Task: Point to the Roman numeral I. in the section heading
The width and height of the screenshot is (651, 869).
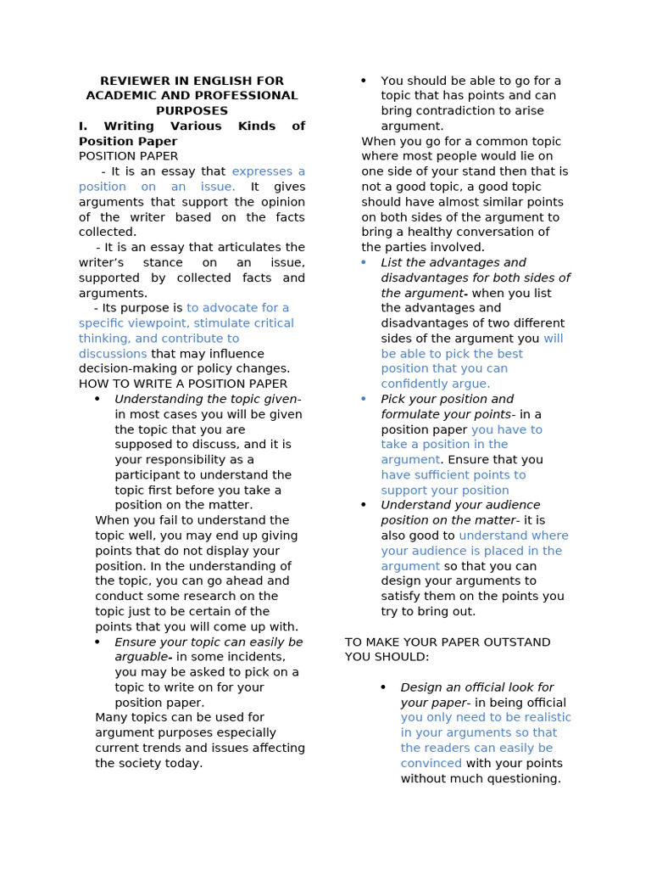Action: pos(83,126)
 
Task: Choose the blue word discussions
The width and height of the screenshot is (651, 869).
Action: pos(113,354)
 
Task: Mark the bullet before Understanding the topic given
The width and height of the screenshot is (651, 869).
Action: pos(97,400)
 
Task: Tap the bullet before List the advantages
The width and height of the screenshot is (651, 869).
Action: pos(364,263)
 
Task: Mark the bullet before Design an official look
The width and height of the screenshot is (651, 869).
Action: pos(383,687)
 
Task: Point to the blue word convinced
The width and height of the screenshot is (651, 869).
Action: pos(431,764)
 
